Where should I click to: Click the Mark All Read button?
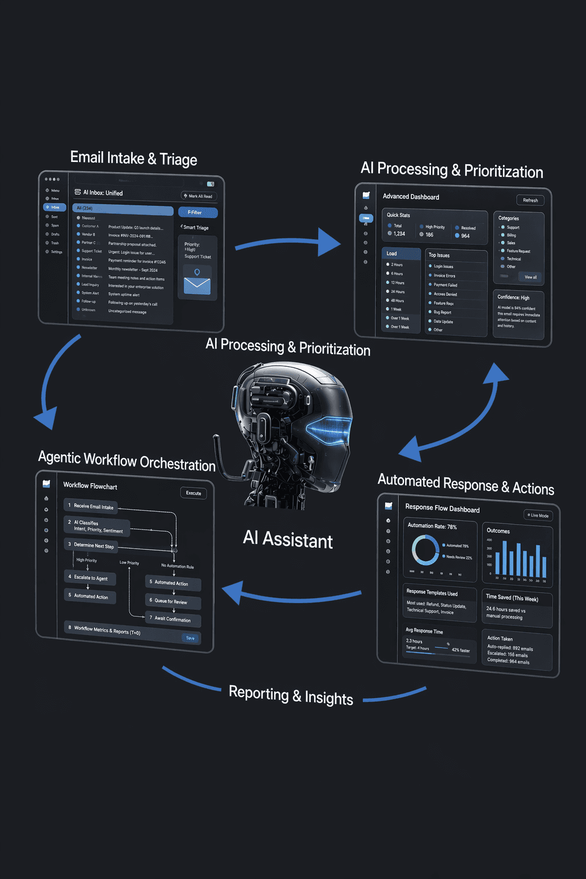click(x=198, y=196)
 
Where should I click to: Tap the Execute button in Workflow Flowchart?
click(x=193, y=493)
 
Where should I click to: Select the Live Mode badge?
click(x=538, y=515)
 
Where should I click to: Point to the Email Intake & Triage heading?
click(x=133, y=158)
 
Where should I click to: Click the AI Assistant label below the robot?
click(x=288, y=540)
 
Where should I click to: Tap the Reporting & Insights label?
click(x=291, y=695)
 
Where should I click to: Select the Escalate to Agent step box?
click(x=90, y=578)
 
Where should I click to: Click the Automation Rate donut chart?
click(x=425, y=550)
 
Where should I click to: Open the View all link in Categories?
click(x=530, y=277)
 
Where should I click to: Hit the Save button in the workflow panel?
click(x=190, y=638)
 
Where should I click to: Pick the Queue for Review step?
click(x=173, y=601)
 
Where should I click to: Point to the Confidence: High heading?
click(x=513, y=298)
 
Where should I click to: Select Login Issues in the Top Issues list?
click(x=444, y=267)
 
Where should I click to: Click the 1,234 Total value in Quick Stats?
click(x=399, y=233)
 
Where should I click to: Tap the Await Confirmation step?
click(x=173, y=619)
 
